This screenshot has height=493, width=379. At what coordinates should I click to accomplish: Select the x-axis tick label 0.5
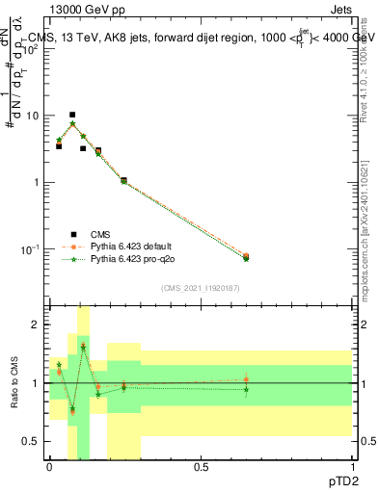(x=201, y=466)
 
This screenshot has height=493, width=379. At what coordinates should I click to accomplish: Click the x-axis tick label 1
(x=352, y=466)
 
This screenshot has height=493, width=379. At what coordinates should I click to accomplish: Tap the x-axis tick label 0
(x=49, y=466)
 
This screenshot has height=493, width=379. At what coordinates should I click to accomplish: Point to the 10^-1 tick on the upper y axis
(x=35, y=248)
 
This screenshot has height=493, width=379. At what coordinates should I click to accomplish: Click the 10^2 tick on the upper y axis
(x=35, y=48)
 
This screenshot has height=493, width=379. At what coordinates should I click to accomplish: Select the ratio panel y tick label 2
(x=39, y=325)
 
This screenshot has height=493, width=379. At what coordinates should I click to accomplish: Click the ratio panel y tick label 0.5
(x=35, y=441)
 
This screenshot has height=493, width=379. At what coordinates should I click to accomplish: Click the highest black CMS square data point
(x=72, y=115)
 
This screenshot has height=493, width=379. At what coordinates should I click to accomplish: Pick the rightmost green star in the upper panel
(x=246, y=259)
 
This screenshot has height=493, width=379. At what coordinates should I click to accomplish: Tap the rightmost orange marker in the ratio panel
(x=246, y=379)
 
